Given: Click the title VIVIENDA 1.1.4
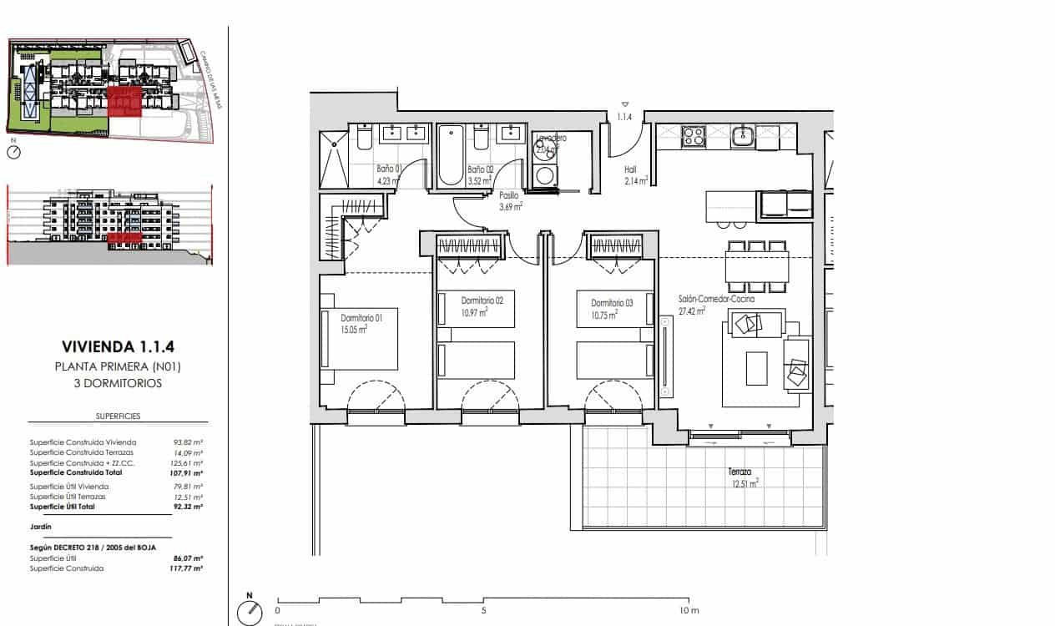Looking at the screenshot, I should point(117,346).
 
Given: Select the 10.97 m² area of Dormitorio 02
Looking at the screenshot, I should point(472,313).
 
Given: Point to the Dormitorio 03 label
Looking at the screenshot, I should point(612,303).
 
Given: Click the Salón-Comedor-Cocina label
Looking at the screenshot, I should point(716,299).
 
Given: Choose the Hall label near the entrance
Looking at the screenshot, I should point(630,169).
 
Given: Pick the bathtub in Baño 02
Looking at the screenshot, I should point(452,154).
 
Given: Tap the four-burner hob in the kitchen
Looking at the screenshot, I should point(693,136).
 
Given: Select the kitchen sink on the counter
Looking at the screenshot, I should point(742,136).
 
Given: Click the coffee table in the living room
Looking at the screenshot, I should point(757,368).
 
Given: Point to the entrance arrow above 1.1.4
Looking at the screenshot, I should point(625,104).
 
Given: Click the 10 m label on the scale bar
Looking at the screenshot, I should point(689,611).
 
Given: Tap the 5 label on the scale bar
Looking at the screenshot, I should point(483,611).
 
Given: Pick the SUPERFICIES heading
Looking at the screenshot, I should point(118,415).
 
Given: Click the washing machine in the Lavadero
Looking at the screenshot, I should point(545,175).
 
